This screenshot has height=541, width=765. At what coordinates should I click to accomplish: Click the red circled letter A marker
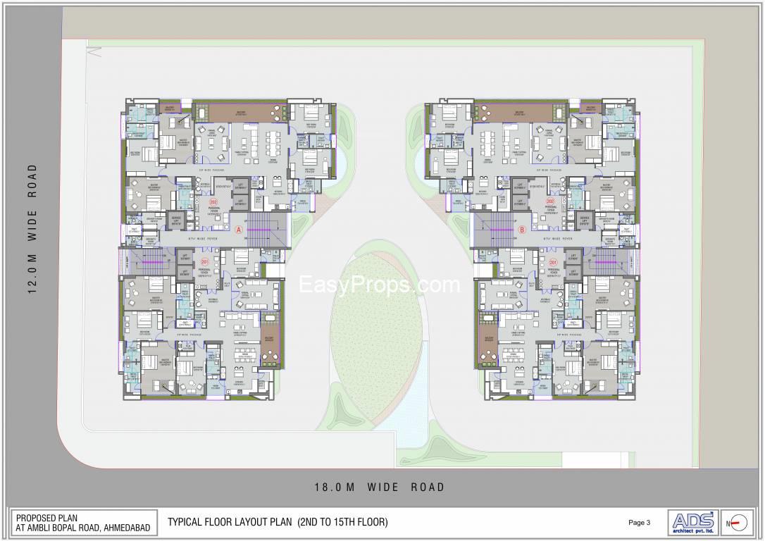click(x=239, y=230)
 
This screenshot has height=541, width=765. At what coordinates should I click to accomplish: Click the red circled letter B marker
click(x=522, y=230)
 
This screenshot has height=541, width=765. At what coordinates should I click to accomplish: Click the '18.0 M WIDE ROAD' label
click(x=379, y=487)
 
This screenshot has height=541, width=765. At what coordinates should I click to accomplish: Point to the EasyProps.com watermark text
click(x=380, y=285)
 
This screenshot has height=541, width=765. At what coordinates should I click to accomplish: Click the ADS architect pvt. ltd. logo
click(x=692, y=522)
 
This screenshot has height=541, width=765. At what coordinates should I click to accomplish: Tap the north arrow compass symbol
click(x=738, y=523)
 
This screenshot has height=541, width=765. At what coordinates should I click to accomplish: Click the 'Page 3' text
click(x=639, y=523)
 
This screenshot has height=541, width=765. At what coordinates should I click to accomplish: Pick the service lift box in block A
click(x=175, y=221)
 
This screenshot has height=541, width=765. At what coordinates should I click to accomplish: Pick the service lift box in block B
click(x=585, y=221)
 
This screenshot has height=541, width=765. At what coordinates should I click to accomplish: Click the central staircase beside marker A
click(x=266, y=230)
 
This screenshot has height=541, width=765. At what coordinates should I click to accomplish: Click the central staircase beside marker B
click(x=497, y=230)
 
